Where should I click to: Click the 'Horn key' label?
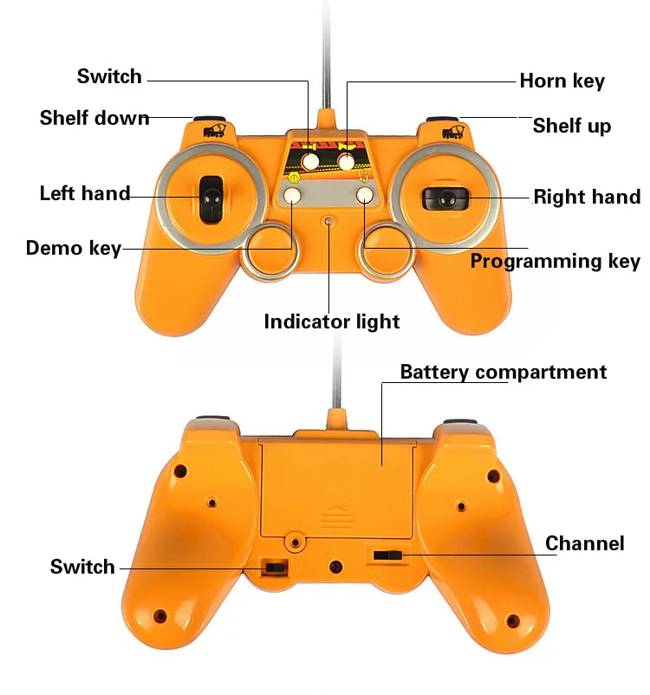tap(562, 81)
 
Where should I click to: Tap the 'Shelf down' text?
tap(94, 118)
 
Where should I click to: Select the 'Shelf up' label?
tap(571, 126)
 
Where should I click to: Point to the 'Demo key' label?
tap(74, 249)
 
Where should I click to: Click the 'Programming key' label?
tap(555, 261)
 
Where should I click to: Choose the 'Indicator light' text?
tap(332, 322)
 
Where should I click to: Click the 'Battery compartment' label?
tap(504, 373)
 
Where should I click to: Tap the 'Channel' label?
tap(584, 544)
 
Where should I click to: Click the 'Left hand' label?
tap(85, 193)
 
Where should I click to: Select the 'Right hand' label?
tap(587, 197)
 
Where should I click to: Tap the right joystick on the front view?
tap(444, 198)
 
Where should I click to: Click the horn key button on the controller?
tap(348, 161)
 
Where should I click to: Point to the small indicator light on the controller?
tap(328, 221)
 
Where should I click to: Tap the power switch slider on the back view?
tap(275, 567)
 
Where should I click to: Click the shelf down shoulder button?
tap(209, 123)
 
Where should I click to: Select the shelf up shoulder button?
tap(442, 123)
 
